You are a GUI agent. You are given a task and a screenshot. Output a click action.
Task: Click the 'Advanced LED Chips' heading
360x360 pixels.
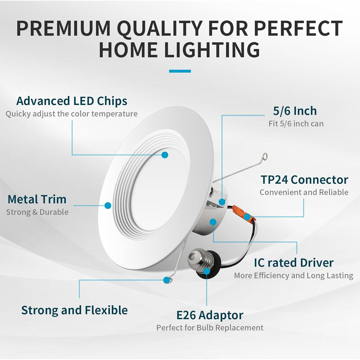pyautogui.click(x=72, y=101)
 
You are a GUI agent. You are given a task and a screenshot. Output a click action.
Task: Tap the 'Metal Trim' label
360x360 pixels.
pyautogui.click(x=37, y=199)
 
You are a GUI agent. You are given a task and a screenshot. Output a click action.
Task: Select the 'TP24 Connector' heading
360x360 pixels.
pyautogui.click(x=304, y=180)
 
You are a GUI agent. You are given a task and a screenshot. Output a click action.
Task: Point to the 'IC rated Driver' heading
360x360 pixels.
pyautogui.click(x=294, y=263)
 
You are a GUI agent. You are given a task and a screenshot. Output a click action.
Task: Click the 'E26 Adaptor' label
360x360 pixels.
pyautogui.click(x=210, y=315)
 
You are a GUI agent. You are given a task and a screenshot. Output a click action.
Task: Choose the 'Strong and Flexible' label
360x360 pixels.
pyautogui.click(x=74, y=310)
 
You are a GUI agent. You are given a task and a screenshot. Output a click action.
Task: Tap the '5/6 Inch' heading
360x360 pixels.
pyautogui.click(x=295, y=111)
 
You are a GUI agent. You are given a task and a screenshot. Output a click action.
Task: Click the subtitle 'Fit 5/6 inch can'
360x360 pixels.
pyautogui.click(x=296, y=124)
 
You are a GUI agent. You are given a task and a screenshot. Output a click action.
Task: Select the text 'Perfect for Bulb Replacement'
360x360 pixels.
pyautogui.click(x=210, y=328)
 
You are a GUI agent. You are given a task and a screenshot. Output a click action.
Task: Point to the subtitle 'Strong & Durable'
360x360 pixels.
pyautogui.click(x=37, y=212)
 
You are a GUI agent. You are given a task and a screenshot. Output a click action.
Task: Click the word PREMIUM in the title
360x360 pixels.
pyautogui.click(x=63, y=28)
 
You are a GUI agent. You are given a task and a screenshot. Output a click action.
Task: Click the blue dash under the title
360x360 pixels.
pyautogui.click(x=180, y=71)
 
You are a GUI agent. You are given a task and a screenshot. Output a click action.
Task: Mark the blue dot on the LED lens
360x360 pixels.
pyautogui.click(x=165, y=155)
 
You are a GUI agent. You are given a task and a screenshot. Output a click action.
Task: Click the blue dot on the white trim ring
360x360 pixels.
pyautogui.click(x=108, y=205)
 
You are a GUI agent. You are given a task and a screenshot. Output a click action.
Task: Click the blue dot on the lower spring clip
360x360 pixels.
pyautogui.click(x=166, y=280)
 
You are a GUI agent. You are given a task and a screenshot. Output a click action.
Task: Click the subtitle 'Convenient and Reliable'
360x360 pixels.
pyautogui.click(x=304, y=192)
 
